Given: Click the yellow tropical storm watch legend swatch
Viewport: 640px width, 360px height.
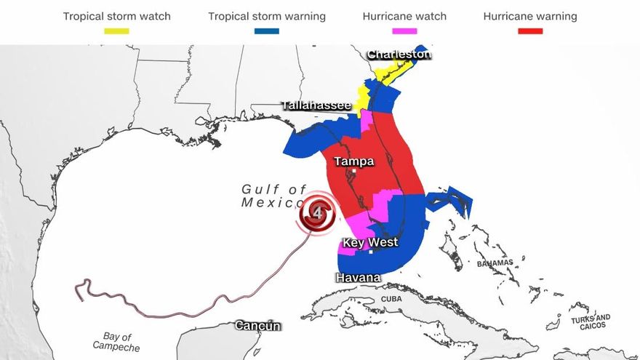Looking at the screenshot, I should (116, 31).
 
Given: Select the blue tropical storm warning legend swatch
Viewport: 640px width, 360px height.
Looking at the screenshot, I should (267, 31).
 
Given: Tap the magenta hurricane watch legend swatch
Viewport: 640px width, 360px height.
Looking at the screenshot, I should (404, 31).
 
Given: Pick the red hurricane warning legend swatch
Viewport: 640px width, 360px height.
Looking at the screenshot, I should (530, 31).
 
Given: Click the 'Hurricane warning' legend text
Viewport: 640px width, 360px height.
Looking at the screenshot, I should (530, 16).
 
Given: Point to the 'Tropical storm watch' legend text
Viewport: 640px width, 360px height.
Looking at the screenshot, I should (116, 16).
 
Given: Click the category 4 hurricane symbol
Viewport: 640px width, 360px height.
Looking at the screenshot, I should (318, 214).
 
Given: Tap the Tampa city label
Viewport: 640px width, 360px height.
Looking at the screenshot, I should (353, 161).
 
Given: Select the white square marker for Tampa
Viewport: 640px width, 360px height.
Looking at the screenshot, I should (354, 172).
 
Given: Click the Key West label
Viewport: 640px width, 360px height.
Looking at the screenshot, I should (370, 242).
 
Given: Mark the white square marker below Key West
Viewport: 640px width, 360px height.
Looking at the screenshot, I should (371, 252).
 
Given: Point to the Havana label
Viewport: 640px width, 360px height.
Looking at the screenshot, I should (357, 278).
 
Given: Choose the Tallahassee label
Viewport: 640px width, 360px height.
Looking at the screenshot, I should (316, 106).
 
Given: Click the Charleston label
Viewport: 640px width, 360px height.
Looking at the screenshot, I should (399, 55).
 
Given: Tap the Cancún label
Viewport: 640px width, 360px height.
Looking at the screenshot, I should (257, 326).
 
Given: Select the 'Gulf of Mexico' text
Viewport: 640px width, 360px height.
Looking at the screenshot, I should (275, 196).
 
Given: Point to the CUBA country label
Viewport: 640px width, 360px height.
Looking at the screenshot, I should (391, 299).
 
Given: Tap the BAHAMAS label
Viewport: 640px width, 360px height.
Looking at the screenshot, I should (495, 263).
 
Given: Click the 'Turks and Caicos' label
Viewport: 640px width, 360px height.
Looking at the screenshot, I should (591, 321).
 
